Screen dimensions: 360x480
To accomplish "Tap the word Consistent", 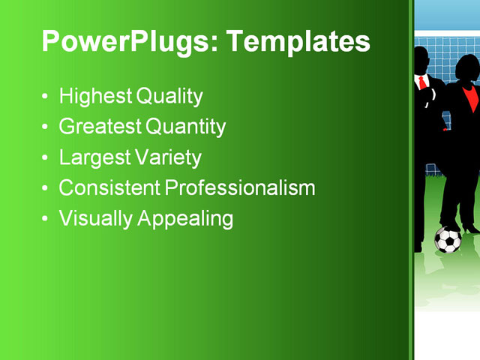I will pyautogui.click(x=109, y=187).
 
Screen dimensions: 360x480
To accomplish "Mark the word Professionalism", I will pyautogui.click(x=240, y=187).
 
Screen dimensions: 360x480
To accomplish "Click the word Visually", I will pyautogui.click(x=94, y=218).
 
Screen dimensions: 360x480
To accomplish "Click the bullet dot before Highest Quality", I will pyautogui.click(x=46, y=97).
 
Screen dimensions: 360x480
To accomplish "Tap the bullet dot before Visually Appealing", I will pyautogui.click(x=46, y=219).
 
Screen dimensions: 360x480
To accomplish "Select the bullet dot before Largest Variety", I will pyautogui.click(x=46, y=158).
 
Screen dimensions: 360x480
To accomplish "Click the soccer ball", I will pyautogui.click(x=448, y=240).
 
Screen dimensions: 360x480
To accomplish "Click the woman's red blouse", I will pyautogui.click(x=469, y=97).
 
